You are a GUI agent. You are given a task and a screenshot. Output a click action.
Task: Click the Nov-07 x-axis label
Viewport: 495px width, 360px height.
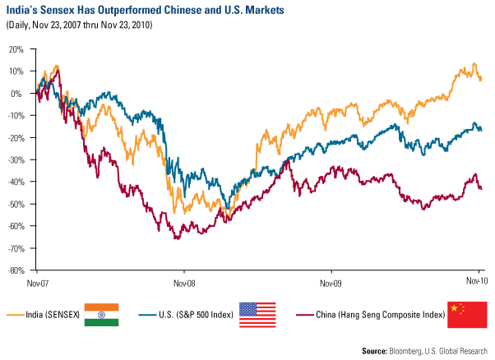tap(37, 283)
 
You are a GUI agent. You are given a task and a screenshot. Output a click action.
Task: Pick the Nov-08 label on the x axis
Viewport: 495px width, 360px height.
tap(183, 283)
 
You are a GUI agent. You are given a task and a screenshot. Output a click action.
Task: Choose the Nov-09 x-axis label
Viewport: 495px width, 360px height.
tap(331, 283)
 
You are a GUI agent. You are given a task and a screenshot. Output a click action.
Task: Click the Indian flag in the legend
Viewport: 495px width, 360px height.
tap(101, 314)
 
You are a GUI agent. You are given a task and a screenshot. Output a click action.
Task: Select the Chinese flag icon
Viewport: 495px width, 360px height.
tap(466, 314)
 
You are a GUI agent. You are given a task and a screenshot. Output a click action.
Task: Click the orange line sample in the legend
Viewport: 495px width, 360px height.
tap(13, 315)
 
